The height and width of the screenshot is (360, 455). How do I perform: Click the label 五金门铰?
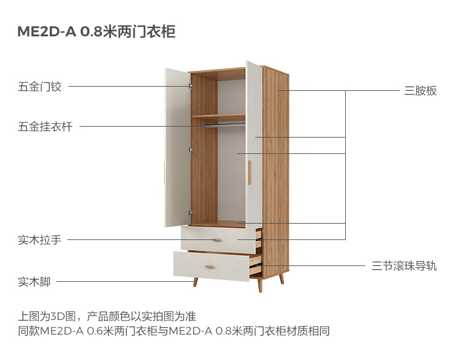(x=39, y=87)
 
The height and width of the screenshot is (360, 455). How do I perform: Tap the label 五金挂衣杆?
(x=45, y=127)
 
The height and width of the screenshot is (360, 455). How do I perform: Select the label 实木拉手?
(x=39, y=239)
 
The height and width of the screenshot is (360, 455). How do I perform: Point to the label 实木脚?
(x=34, y=281)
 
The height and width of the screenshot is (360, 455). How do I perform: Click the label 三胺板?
(x=420, y=91)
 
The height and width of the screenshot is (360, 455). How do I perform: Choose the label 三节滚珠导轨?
(x=404, y=266)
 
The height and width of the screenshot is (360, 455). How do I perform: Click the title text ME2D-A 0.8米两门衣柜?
(x=96, y=32)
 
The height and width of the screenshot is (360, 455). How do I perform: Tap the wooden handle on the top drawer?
(x=216, y=239)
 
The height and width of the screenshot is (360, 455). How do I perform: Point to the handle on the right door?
(x=249, y=173)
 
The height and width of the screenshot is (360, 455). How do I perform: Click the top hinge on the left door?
(x=190, y=86)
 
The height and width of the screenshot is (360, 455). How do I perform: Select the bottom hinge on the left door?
(x=190, y=212)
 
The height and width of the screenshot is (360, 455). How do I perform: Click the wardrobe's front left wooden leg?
(x=195, y=282)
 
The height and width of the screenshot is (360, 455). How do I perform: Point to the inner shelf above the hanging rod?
(x=218, y=116)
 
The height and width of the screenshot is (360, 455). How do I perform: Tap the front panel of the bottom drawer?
(x=211, y=266)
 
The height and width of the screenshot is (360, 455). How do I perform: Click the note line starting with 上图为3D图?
(x=107, y=316)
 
